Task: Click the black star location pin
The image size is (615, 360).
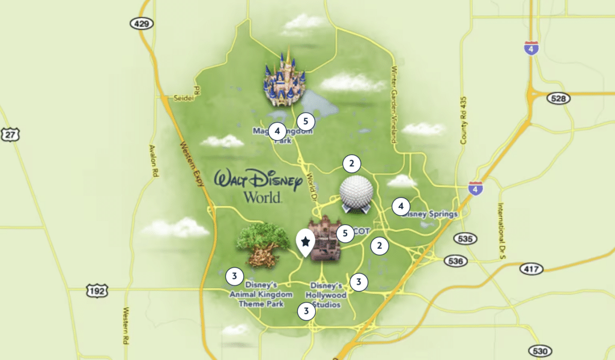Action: point(306,242)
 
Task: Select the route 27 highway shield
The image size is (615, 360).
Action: point(10,135)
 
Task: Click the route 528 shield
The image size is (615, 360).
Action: point(558,99)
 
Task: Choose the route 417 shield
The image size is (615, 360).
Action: point(532,269)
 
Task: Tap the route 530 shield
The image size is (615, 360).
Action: point(541,351)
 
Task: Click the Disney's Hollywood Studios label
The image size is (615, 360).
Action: point(328,295)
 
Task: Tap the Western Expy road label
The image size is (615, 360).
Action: point(192,165)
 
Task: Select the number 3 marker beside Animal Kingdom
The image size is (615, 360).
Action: point(234,276)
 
